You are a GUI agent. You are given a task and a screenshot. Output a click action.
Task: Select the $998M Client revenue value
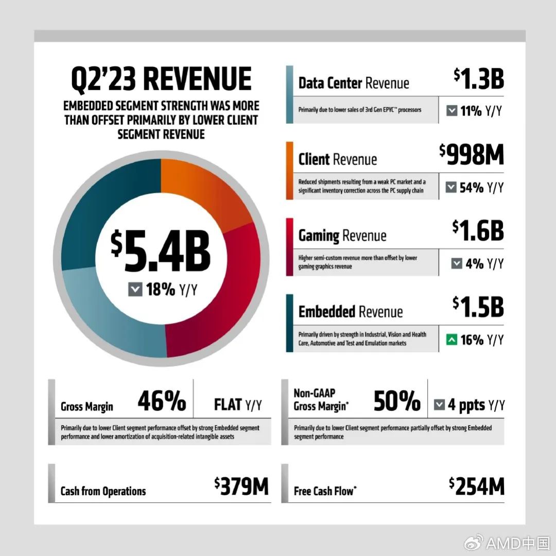coord(472,155)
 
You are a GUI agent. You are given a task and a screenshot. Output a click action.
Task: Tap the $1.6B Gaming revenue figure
coord(478,231)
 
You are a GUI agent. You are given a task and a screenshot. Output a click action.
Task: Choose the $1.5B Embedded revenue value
coord(478,307)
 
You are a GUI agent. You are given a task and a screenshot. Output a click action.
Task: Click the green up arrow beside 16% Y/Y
coord(452,340)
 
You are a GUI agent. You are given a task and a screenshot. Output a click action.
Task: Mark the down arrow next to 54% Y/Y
coord(452,188)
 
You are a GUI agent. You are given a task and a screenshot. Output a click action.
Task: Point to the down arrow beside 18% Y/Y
coord(134,290)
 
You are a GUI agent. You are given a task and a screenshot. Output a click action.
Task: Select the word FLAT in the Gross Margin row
coord(228,405)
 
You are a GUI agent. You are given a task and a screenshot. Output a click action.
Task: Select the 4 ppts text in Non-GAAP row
coord(466,405)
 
